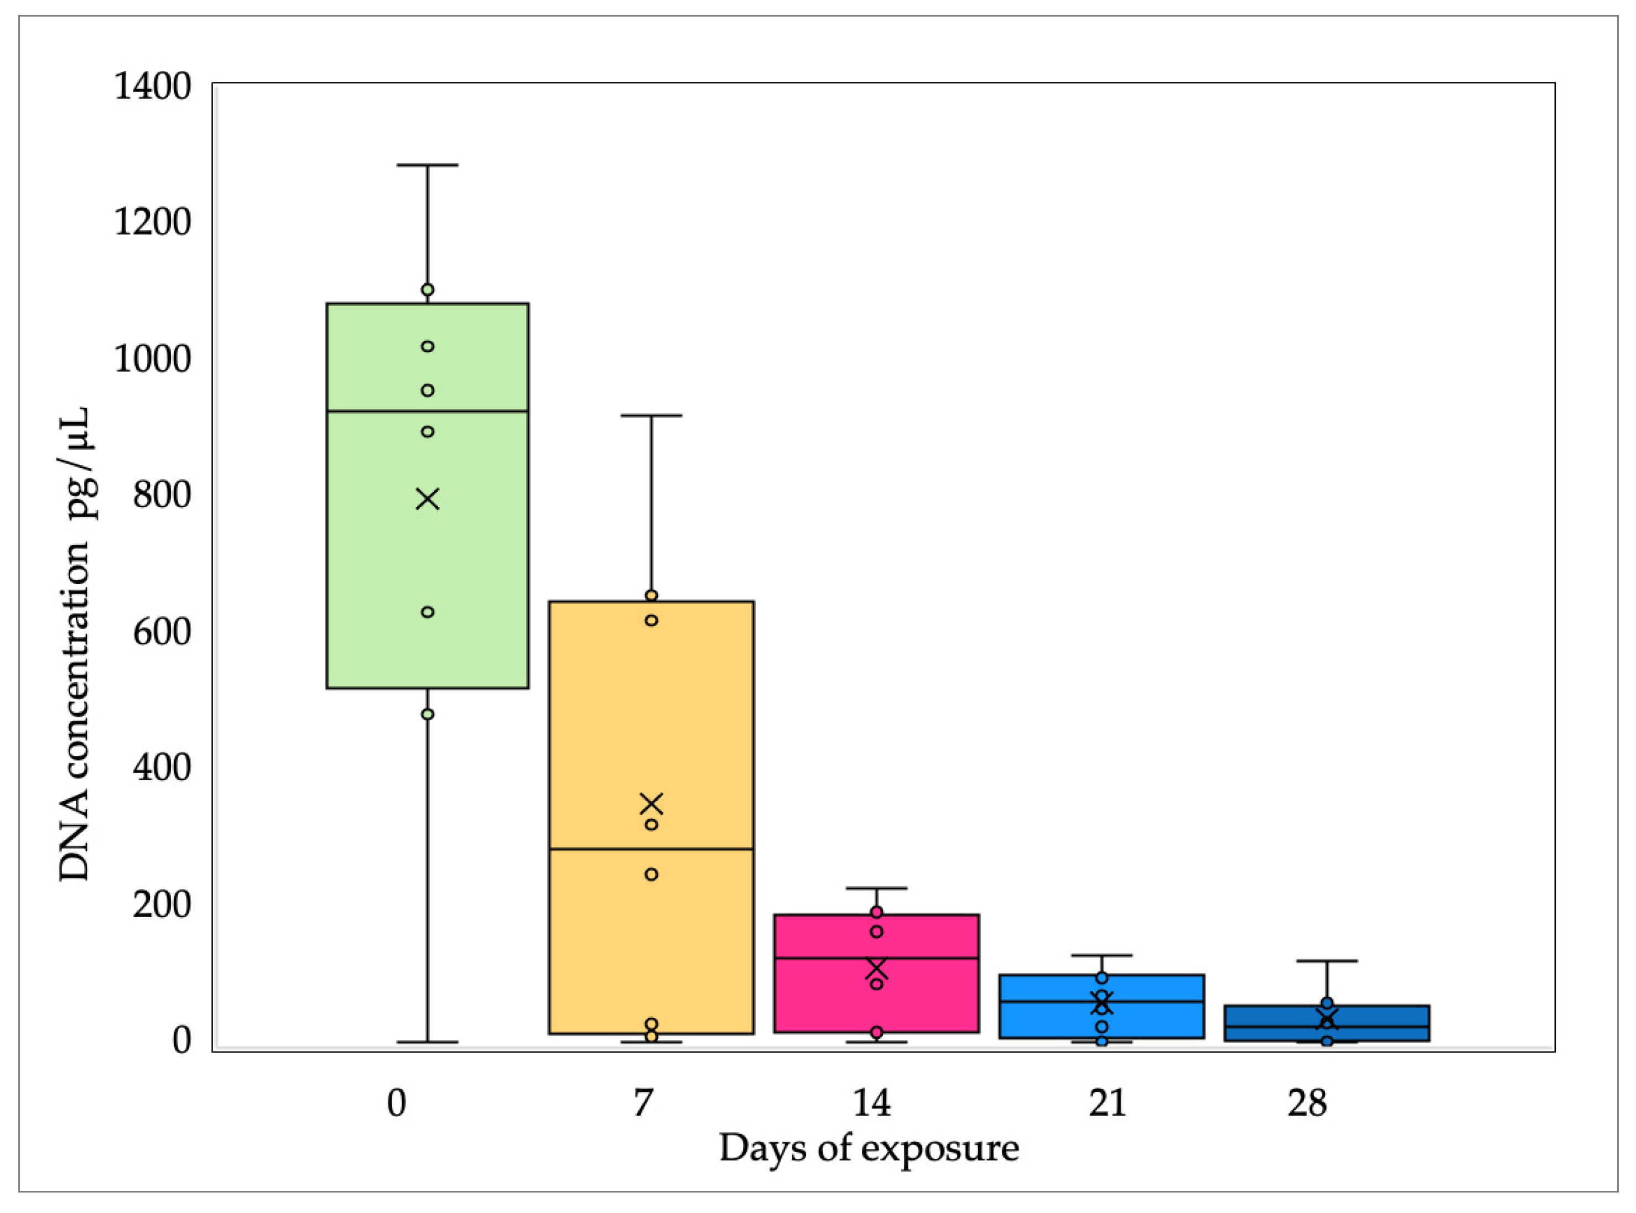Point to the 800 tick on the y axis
(162, 495)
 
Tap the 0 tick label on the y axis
(181, 1040)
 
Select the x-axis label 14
(871, 1103)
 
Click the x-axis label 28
(1307, 1103)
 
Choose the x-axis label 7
(643, 1103)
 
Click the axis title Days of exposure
(869, 1148)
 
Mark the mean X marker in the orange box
(651, 804)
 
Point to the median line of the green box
(427, 411)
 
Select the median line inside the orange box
(651, 849)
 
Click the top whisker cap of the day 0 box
(427, 165)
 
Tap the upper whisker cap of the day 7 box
(651, 415)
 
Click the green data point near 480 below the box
(427, 714)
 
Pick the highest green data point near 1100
(427, 289)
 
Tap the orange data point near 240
(651, 874)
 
